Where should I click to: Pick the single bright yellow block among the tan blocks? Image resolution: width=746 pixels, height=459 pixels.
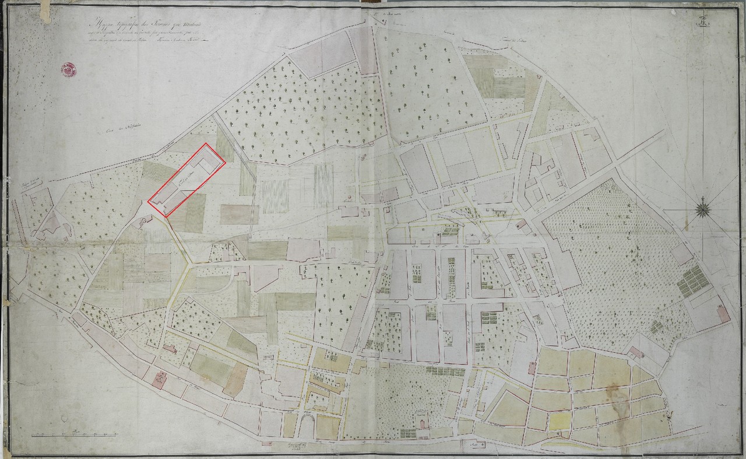pos(559,421)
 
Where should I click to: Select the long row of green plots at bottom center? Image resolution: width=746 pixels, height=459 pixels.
pos(445,371)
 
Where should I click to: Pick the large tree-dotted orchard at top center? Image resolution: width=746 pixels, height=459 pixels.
pos(297,111)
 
